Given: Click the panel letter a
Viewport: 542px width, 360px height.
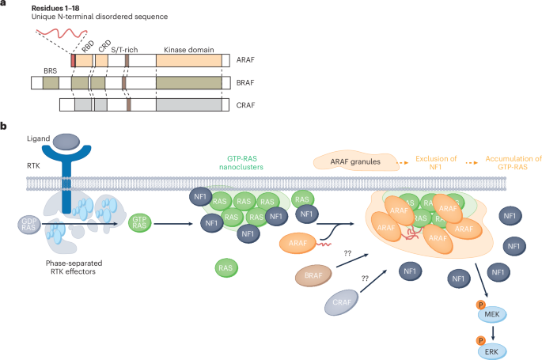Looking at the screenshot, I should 4,5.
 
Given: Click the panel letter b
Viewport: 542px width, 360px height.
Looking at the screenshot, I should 4,126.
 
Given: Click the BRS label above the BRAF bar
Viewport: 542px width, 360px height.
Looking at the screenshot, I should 51,70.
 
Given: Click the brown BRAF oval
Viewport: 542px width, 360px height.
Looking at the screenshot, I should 311,278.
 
